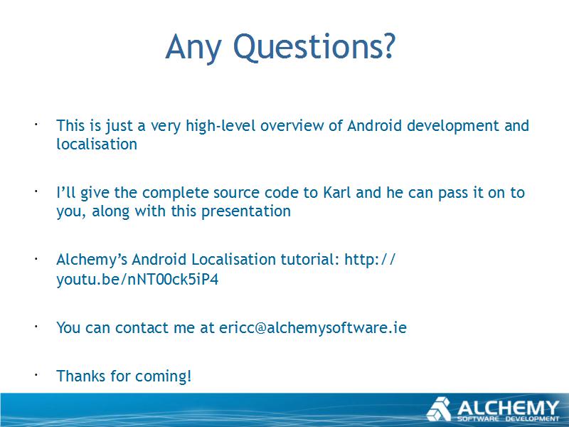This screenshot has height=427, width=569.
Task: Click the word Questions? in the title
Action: [314, 47]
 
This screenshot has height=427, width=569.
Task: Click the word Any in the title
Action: [193, 48]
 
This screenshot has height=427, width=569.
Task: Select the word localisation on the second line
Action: [97, 144]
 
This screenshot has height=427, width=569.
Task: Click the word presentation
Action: [246, 211]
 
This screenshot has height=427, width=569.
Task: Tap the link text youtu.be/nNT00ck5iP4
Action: [137, 280]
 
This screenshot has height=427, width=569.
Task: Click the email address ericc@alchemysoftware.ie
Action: [313, 327]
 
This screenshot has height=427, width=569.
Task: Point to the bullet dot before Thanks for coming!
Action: [36, 374]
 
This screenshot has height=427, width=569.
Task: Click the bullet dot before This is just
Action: [36, 124]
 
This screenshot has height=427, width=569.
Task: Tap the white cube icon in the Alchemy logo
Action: [439, 408]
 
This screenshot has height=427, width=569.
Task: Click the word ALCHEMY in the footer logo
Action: [508, 408]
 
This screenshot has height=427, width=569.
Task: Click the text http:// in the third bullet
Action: [370, 260]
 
